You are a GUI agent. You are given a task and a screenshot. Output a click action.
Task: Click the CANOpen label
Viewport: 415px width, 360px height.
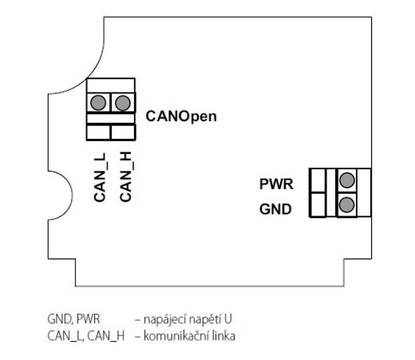181,117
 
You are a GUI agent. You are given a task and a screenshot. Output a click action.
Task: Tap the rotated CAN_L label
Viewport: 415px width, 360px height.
100,177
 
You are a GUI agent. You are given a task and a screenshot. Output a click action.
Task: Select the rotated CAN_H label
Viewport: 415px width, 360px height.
125,176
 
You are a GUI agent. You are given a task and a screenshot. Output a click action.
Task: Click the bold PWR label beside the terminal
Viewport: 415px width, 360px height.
276,184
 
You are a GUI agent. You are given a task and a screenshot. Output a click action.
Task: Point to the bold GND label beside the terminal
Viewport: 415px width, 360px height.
275,209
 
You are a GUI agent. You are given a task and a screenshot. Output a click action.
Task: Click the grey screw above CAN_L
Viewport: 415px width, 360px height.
98,103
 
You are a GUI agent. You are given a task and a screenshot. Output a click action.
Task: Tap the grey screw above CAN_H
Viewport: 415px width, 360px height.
123,103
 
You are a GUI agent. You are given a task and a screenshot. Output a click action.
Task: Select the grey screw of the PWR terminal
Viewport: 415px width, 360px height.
347,180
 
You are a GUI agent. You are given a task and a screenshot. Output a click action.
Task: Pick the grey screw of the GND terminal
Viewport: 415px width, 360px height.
347,204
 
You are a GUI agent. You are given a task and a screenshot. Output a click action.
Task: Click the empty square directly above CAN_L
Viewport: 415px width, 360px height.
98,133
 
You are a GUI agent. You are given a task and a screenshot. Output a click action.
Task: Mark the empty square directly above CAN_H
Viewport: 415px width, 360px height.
123,133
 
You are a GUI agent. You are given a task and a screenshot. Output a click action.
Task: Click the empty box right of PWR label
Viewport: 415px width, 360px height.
318,180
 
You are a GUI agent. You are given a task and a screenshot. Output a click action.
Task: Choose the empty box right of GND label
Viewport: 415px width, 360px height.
318,204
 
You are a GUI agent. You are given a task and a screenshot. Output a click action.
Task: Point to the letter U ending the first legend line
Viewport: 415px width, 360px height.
228,319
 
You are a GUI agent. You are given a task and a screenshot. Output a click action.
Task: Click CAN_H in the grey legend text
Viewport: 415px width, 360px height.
106,336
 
